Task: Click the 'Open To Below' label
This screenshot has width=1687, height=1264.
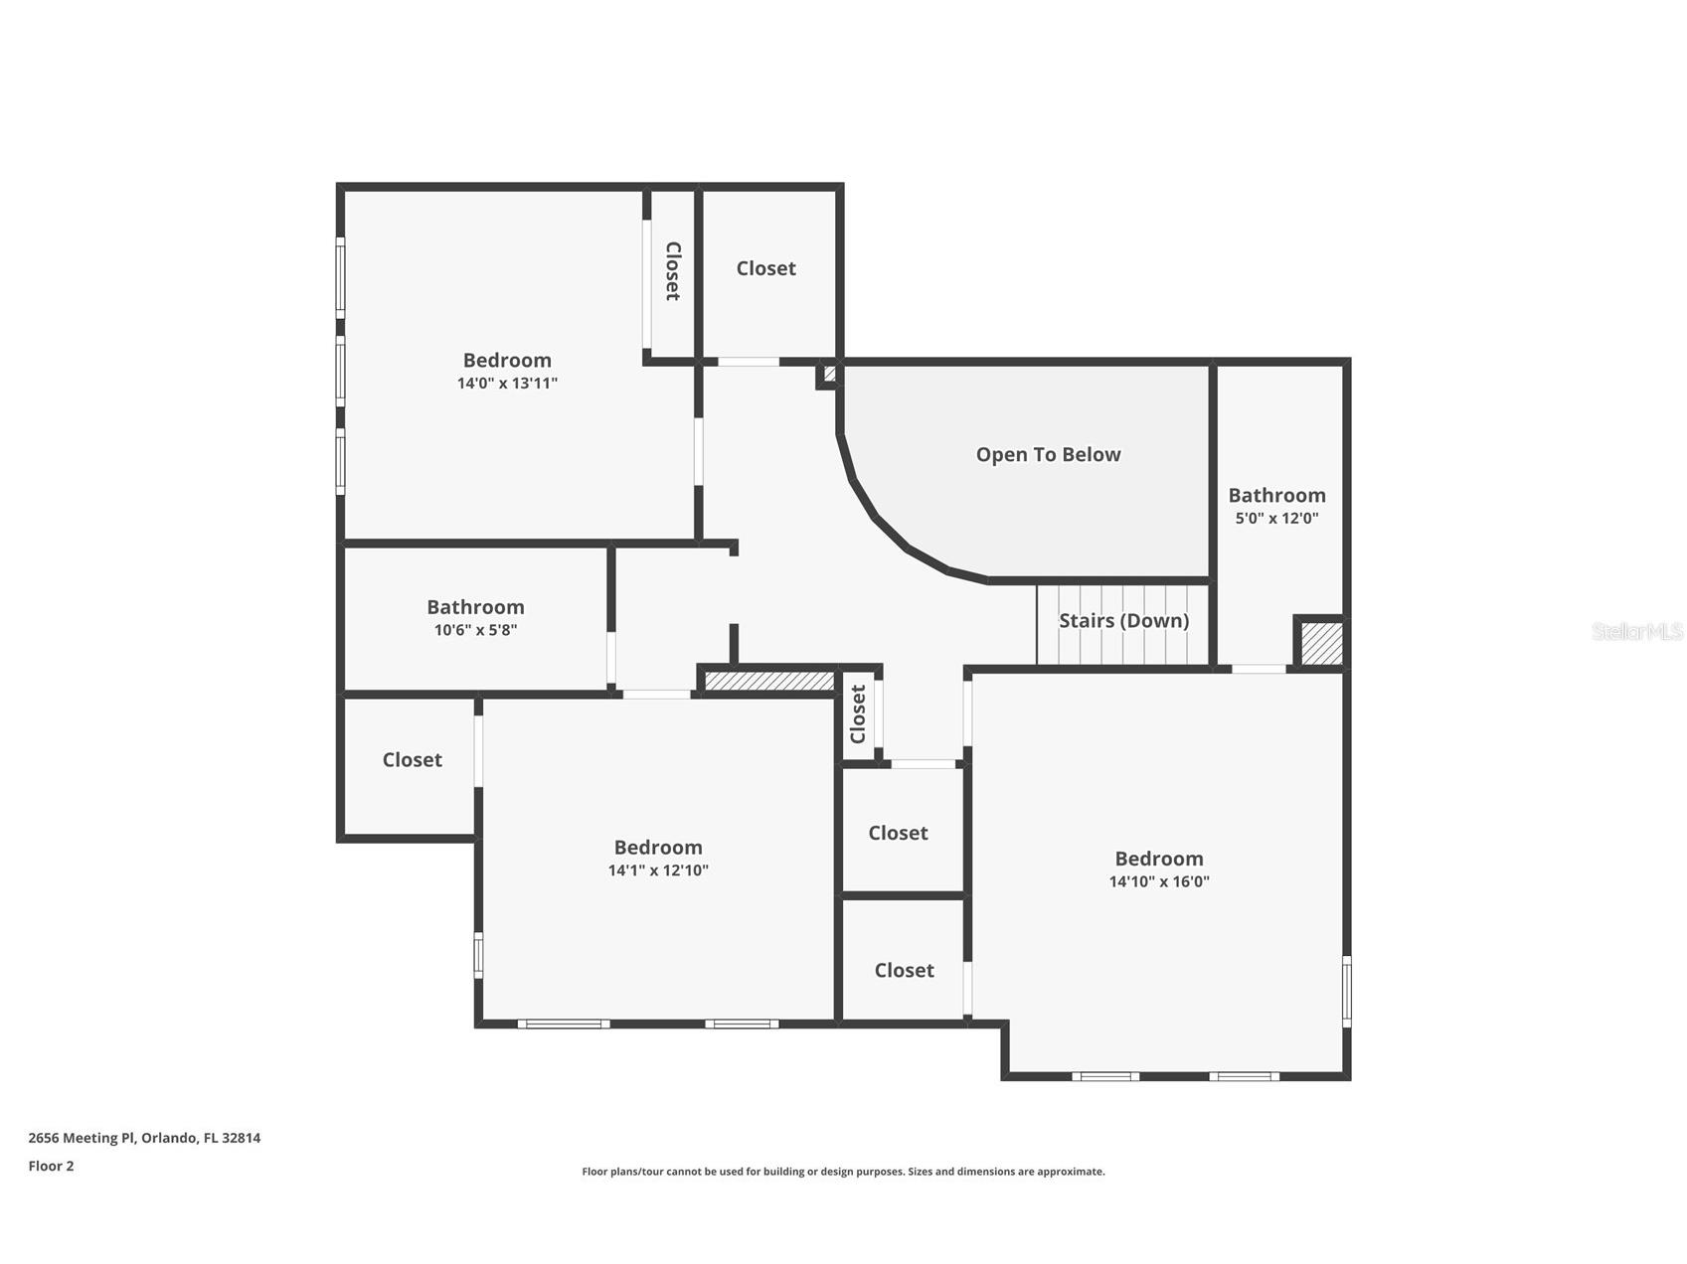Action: click(x=1048, y=454)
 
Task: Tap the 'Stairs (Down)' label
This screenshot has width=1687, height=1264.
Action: click(x=1123, y=621)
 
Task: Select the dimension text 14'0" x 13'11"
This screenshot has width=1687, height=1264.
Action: click(x=507, y=384)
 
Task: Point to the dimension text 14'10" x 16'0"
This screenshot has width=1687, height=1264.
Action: click(x=1159, y=881)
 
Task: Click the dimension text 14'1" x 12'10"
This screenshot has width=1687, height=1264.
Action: click(x=658, y=870)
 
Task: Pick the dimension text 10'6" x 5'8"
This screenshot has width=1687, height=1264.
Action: click(x=475, y=630)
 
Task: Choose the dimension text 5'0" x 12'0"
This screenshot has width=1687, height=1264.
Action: click(x=1276, y=518)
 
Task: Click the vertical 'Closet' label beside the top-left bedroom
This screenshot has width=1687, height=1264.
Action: click(x=672, y=270)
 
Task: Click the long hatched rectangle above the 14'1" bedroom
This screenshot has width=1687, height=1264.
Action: click(x=769, y=681)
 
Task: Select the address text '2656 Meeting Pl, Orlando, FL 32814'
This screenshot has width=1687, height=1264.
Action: click(x=144, y=1138)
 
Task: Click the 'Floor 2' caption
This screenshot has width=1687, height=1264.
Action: click(x=51, y=1166)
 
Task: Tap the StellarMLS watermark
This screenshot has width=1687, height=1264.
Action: click(x=1637, y=631)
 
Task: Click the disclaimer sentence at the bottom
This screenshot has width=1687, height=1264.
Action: click(x=843, y=1172)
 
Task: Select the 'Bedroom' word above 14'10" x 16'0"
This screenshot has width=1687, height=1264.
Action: click(x=1159, y=859)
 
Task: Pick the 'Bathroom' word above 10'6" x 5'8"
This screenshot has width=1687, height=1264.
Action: click(x=475, y=607)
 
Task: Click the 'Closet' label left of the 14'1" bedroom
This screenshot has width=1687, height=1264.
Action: click(x=413, y=760)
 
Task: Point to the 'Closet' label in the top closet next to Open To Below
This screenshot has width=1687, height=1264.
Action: click(x=765, y=268)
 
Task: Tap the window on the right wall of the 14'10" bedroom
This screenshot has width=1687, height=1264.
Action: click(x=1347, y=990)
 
